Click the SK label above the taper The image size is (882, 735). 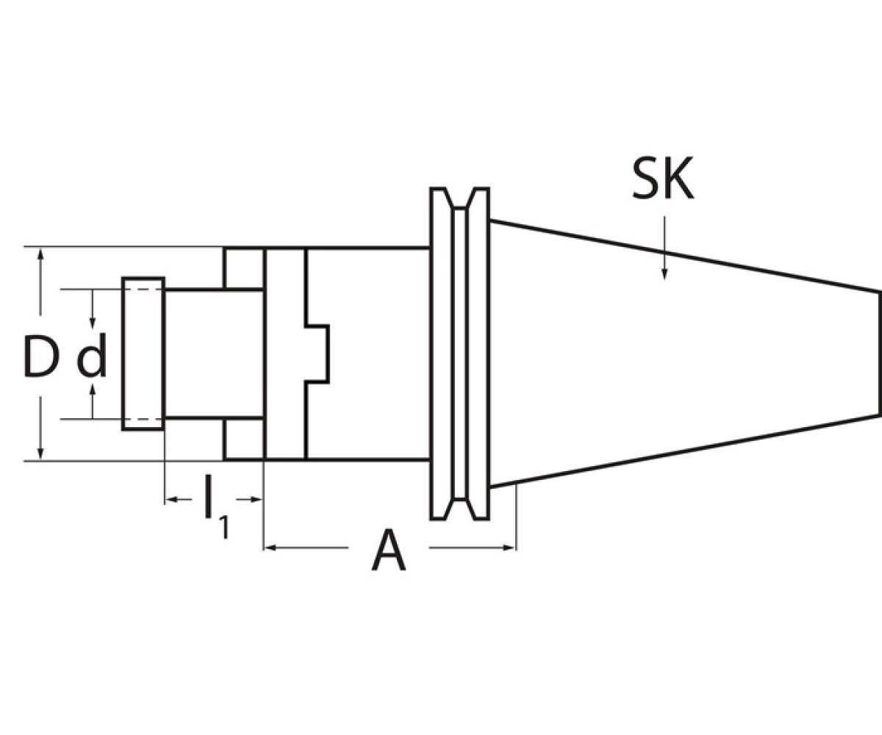662,178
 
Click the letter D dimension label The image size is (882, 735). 40,355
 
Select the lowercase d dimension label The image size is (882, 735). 92,354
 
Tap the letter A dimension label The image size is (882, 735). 388,549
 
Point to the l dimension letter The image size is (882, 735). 207,496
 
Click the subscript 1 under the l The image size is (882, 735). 224,528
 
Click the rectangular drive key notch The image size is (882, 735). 317,354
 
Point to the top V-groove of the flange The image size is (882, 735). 459,198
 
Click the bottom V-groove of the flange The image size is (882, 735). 459,509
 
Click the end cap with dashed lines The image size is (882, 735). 143,354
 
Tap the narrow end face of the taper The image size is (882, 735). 880,354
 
